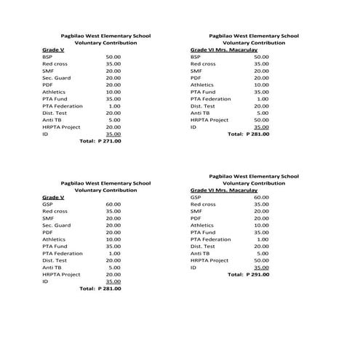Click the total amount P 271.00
(110, 141)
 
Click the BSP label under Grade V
(47, 57)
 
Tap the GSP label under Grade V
(47, 204)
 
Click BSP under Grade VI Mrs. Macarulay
(195, 57)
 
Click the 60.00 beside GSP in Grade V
(113, 204)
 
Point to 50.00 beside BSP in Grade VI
(261, 57)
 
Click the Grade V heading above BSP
(53, 49)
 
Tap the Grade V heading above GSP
(53, 197)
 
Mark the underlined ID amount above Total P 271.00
(113, 134)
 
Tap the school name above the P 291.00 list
(253, 176)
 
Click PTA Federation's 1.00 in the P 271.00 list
(115, 105)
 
